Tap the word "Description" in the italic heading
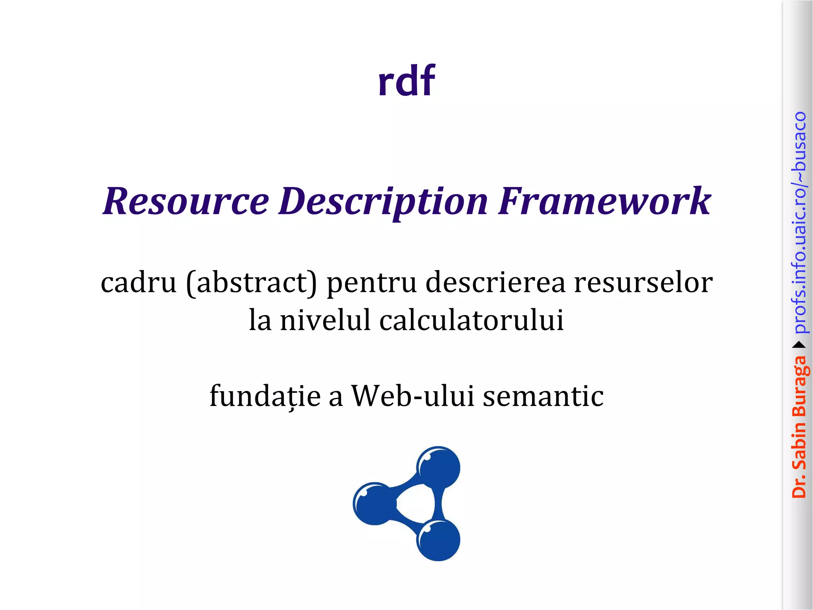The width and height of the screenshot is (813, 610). point(383,202)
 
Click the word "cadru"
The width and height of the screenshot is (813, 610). point(139,283)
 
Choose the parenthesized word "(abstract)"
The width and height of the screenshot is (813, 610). point(252,283)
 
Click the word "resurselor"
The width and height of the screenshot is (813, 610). point(643,283)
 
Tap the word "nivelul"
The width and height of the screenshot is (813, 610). point(325,320)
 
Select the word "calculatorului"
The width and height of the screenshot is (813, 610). point(472,320)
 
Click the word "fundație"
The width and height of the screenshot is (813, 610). point(265,396)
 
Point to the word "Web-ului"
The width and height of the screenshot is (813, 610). point(413,396)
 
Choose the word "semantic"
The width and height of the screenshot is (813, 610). point(543,396)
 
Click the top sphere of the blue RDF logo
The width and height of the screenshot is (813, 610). point(438,467)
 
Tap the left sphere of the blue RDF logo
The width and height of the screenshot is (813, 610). point(374,503)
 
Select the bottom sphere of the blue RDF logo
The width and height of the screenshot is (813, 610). point(438,540)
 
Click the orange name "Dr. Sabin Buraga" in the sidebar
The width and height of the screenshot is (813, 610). point(799,427)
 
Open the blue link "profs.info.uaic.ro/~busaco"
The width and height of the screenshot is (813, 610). point(799,222)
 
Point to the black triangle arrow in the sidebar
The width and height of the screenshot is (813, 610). point(799,344)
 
